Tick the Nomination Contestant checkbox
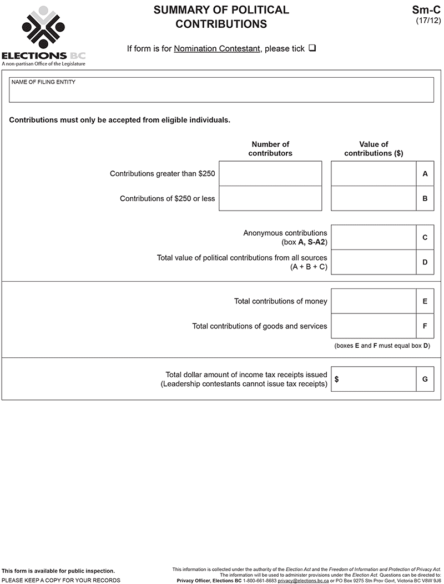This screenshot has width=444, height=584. pyautogui.click(x=312, y=48)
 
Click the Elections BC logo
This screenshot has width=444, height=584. pyautogui.click(x=43, y=34)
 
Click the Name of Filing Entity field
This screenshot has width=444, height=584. pyautogui.click(x=221, y=92)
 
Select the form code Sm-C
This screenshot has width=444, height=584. pyautogui.click(x=426, y=10)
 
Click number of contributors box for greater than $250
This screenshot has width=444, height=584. pyautogui.click(x=270, y=173)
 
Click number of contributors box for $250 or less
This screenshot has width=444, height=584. pyautogui.click(x=270, y=198)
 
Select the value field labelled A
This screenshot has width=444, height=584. pyautogui.click(x=374, y=173)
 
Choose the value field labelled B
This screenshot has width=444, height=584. pyautogui.click(x=374, y=198)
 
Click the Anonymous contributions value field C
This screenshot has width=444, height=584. pyautogui.click(x=374, y=237)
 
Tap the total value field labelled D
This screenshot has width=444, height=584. pyautogui.click(x=374, y=262)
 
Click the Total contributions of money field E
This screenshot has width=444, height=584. pyautogui.click(x=374, y=301)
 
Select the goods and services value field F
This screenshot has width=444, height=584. pyautogui.click(x=374, y=326)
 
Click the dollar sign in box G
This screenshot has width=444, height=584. pyautogui.click(x=337, y=380)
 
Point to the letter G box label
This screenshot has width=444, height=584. pyautogui.click(x=425, y=380)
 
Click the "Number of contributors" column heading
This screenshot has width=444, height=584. pyautogui.click(x=270, y=148)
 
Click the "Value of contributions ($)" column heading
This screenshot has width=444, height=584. pyautogui.click(x=374, y=148)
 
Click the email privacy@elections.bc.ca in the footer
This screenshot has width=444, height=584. pyautogui.click(x=303, y=580)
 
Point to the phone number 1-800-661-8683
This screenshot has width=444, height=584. pyautogui.click(x=260, y=580)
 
